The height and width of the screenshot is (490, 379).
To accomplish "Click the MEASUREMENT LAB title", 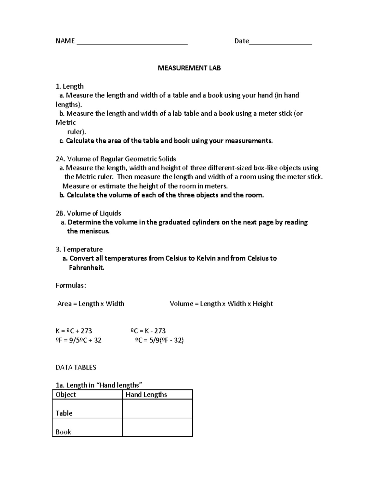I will pos(189,68).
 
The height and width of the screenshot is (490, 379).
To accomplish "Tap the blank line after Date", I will pos(280,44).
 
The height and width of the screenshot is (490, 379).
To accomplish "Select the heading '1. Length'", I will pos(69,86).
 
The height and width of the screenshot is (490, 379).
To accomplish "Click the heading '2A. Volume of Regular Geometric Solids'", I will pos(116,159).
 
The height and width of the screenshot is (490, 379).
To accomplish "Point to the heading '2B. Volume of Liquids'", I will pos(88,213).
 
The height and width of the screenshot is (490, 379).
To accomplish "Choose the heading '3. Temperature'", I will pos(79,250).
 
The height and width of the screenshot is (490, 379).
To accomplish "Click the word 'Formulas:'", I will pos(71,286).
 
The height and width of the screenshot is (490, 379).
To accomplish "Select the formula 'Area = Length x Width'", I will pos(91,304).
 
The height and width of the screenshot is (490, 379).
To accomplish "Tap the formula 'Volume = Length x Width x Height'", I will pos(221,304).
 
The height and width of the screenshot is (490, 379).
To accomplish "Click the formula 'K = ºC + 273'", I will pos(74,331).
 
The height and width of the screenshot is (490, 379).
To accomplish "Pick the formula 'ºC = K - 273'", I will pos(148,331).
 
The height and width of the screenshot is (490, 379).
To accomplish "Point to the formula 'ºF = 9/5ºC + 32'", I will pos(78,340).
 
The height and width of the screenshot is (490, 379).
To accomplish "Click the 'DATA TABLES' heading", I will pos(76,367).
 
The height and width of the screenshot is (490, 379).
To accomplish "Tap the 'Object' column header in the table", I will pos(66,395).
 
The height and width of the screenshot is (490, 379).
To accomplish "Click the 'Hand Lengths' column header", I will pos(146,395).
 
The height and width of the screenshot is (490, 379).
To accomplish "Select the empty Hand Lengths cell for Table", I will pos(157,409).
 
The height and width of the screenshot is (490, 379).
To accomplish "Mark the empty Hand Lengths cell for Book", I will pos(157,428).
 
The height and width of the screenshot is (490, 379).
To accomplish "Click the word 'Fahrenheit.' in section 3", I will pos(86,268).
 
